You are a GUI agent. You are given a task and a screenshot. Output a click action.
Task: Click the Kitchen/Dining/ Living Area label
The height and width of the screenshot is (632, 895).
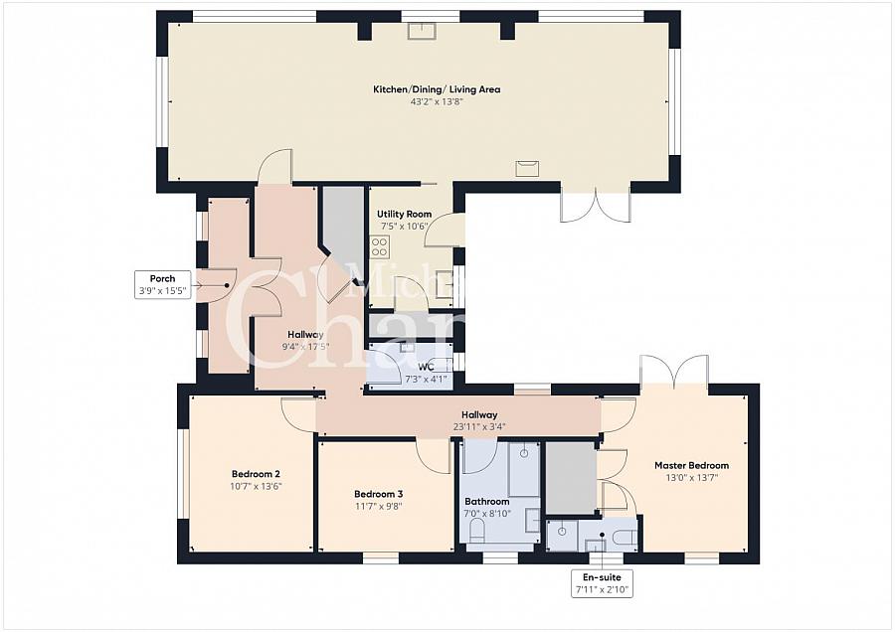click(x=437, y=89)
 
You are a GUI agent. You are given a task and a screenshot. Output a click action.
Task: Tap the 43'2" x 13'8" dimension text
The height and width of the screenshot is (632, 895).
click(x=437, y=101)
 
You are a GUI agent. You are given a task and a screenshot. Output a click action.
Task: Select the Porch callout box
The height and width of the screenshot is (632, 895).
click(x=162, y=284)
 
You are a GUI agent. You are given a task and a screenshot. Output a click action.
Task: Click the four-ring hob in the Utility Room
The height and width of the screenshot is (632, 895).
click(x=379, y=246)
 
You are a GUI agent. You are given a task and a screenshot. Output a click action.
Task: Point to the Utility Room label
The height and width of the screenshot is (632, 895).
click(x=404, y=214)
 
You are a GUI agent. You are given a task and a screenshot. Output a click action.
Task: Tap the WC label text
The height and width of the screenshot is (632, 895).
click(x=427, y=367)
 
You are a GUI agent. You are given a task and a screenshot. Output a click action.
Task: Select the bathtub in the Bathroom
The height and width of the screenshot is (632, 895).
click(x=524, y=469)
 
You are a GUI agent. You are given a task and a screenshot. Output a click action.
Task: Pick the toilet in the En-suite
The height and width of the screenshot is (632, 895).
click(x=623, y=538)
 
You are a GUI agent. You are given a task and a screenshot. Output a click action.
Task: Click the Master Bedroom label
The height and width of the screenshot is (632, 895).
click(x=691, y=465)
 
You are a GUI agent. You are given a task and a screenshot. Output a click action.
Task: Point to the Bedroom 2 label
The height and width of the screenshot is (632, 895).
click(x=256, y=474)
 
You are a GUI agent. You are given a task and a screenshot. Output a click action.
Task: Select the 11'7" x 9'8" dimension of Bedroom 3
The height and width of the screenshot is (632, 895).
click(x=378, y=506)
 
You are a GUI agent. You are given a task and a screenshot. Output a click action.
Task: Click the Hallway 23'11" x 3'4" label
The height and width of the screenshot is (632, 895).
click(x=479, y=421)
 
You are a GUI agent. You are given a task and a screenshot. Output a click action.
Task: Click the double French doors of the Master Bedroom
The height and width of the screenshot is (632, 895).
click(x=674, y=372)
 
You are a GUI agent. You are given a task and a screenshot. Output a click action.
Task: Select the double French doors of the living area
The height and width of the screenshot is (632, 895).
click(x=595, y=206)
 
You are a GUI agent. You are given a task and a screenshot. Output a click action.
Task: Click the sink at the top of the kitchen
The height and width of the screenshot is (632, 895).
click(x=421, y=29)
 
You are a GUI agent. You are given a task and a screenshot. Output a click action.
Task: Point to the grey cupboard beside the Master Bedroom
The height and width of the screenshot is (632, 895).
click(x=570, y=478)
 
